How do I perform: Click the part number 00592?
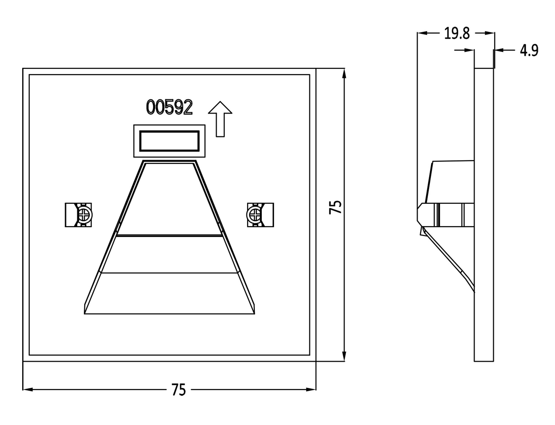pos(169,107)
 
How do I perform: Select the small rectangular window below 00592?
pos(169,141)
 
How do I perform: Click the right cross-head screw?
pos(254,215)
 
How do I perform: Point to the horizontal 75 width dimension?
pos(178,390)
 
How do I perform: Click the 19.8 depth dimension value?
pos(457,34)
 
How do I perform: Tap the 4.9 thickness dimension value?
pos(529,51)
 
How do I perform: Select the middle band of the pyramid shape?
pos(169,254)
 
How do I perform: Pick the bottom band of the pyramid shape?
pos(169,293)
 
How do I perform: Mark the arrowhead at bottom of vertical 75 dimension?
pos(344,356)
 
